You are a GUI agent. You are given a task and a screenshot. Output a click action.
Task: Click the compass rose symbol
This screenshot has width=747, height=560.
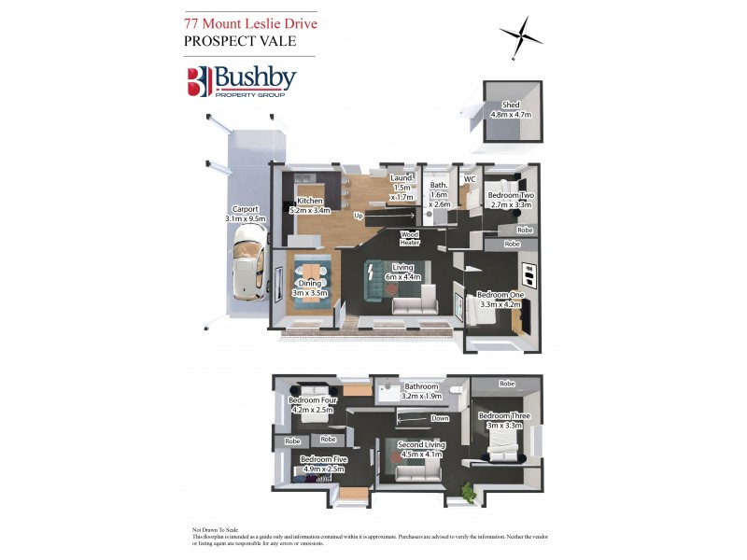[521, 37]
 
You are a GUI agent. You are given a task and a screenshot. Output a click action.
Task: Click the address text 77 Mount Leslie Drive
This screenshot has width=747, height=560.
[250, 22]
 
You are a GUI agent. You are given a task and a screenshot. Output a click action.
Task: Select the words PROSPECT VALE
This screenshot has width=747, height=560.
[240, 42]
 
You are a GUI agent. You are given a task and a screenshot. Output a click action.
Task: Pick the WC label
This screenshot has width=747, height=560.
[470, 178]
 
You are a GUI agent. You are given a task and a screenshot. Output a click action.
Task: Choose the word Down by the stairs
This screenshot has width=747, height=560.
[440, 418]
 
